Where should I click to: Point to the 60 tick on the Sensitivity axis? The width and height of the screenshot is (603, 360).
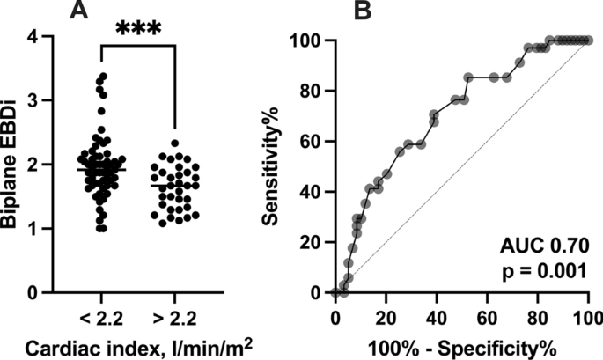(312, 141)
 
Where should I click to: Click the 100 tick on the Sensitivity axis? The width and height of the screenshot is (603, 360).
(308, 40)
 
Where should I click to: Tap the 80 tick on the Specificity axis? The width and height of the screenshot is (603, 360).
(538, 315)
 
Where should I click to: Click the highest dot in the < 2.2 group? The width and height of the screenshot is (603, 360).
(101, 77)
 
